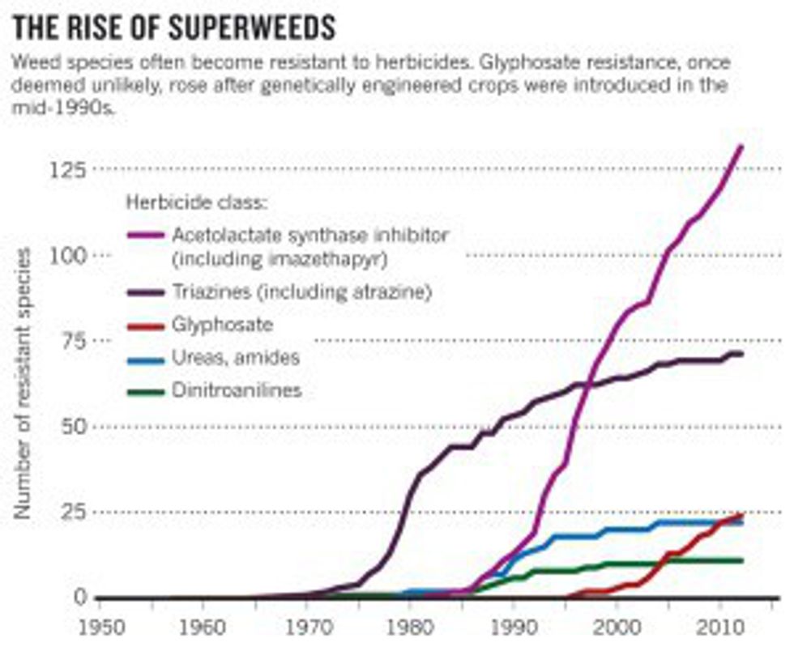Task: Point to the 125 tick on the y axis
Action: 66,170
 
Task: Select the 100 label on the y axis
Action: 66,256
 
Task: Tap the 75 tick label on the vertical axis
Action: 71,341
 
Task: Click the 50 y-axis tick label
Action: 71,427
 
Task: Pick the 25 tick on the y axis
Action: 71,512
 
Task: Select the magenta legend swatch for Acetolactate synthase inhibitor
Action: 146,236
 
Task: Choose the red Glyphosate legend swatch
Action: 146,326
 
